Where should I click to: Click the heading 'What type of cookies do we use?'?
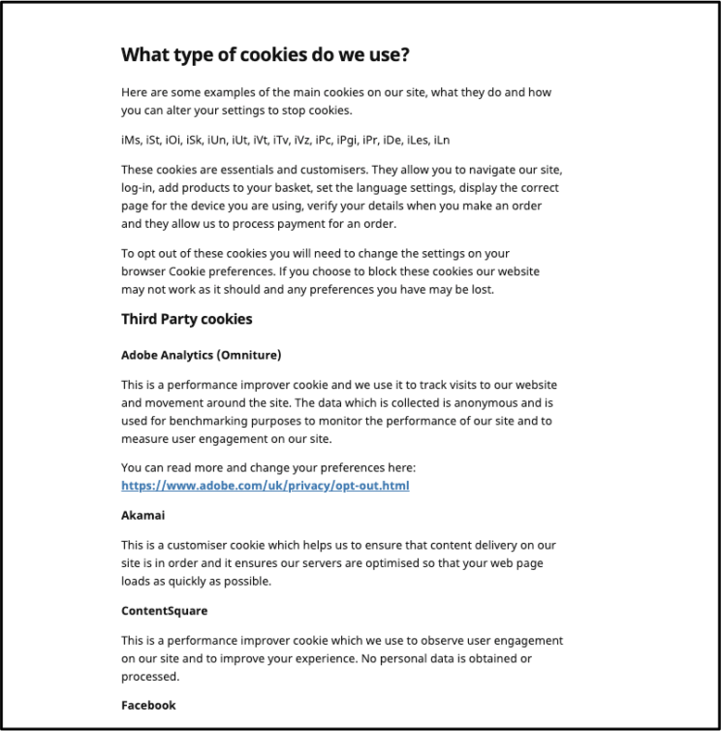click(x=266, y=54)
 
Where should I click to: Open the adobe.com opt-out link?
click(x=265, y=485)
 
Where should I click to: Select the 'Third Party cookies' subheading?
click(x=186, y=319)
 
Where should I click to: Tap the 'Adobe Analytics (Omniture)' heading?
click(x=201, y=355)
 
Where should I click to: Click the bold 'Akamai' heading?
click(x=142, y=516)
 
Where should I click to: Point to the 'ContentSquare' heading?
click(x=164, y=611)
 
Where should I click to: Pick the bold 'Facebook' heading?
click(x=148, y=705)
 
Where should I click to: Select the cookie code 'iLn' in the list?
click(x=440, y=141)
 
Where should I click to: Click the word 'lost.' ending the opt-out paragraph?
click(x=479, y=289)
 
